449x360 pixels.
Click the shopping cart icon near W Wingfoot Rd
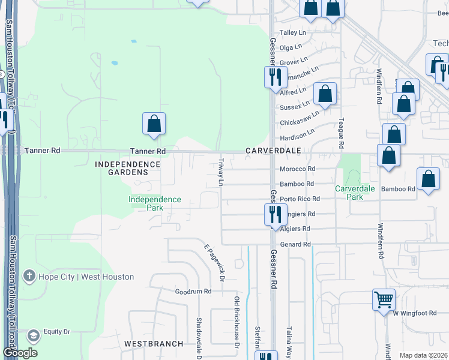coord(384,298)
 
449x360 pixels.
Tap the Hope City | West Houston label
coord(86,277)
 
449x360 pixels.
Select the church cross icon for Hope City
coord(28,276)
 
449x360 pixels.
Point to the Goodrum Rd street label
coord(193,292)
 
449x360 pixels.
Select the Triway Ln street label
coord(221,172)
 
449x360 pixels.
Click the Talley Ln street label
coord(293,33)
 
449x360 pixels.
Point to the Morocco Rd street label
coord(298,169)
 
